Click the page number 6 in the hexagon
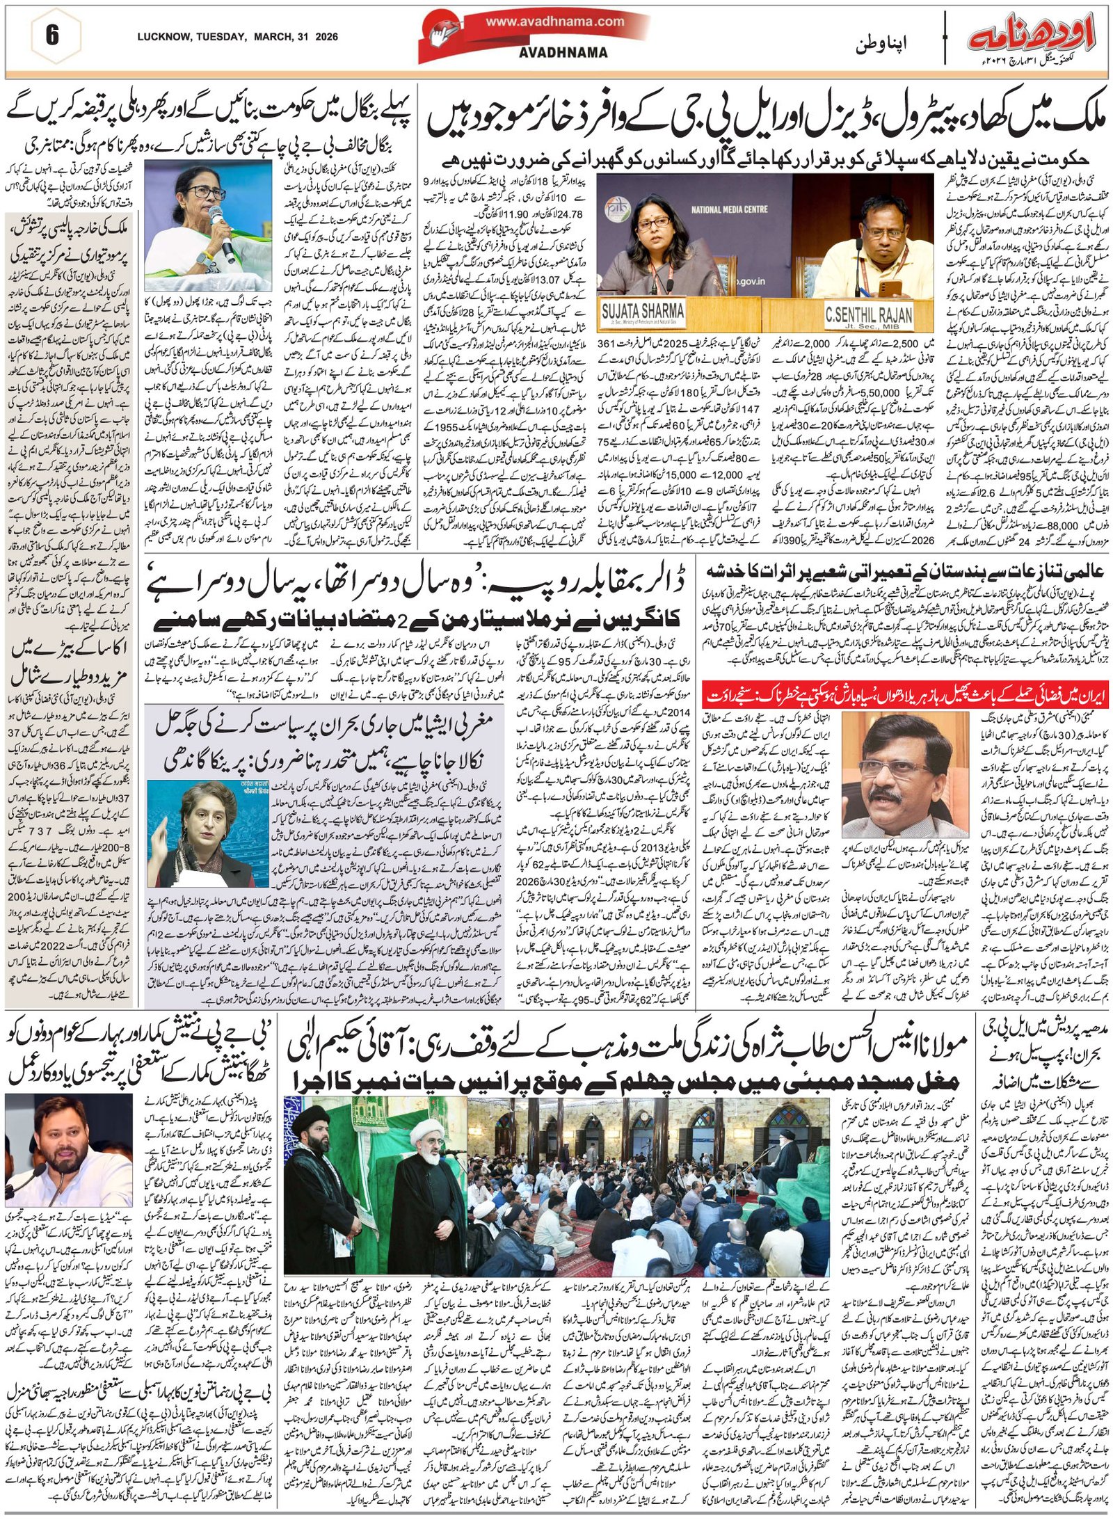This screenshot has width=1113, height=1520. [53, 35]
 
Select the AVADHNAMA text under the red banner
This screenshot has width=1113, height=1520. [563, 52]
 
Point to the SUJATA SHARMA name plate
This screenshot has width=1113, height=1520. [641, 311]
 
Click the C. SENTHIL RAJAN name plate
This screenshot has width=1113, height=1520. [868, 314]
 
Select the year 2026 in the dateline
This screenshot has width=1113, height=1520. [326, 37]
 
